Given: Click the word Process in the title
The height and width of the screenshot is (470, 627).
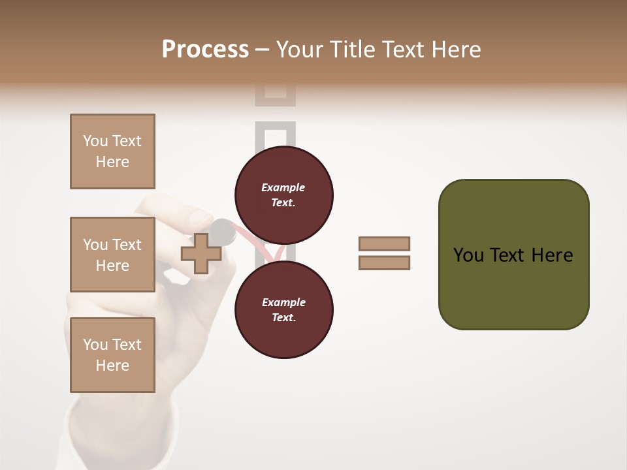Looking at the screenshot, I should (x=205, y=50).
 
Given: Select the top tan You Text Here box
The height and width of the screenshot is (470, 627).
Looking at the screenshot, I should (x=112, y=151).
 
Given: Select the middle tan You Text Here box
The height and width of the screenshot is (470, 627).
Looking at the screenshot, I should (x=112, y=255).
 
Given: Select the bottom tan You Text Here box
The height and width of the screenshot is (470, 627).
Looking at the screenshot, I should (x=112, y=355).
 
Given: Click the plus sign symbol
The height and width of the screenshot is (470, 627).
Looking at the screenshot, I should (x=201, y=254).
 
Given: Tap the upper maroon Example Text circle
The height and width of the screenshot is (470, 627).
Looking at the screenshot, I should (x=283, y=195).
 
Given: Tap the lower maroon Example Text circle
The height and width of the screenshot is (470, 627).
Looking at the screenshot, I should (x=283, y=310).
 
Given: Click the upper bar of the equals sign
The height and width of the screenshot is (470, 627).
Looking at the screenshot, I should (x=384, y=243).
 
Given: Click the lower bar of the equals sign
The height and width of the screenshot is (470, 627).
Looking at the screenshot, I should (x=384, y=263).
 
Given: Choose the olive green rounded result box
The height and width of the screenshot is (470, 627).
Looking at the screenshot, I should (x=513, y=255).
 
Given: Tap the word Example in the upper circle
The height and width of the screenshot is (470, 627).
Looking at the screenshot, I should (x=283, y=187).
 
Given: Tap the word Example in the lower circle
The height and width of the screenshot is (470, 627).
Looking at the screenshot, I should (x=283, y=302).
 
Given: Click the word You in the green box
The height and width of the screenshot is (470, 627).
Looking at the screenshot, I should (x=468, y=255).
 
